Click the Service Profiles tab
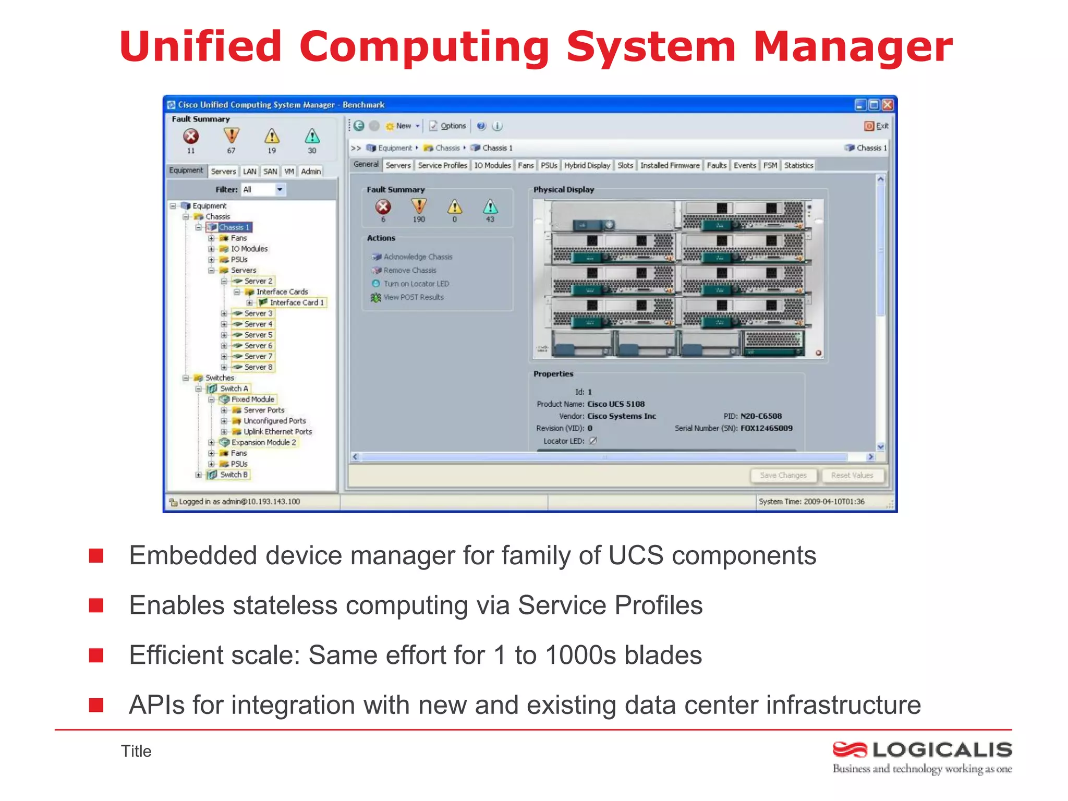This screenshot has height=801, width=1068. point(442,165)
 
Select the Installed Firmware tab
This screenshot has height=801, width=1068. point(670,165)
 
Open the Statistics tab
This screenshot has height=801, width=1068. point(798,165)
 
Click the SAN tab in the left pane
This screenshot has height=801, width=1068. point(270,171)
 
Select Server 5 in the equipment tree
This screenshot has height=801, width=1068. point(258,335)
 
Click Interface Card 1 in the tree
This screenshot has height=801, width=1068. point(296,302)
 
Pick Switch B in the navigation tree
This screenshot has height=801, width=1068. point(233,475)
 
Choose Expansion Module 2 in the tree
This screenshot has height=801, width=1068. point(263,442)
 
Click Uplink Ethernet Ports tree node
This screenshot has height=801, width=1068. point(277,432)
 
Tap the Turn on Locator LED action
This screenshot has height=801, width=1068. point(416,284)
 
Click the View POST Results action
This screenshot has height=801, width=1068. point(413,297)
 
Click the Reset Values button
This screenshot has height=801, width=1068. point(852,476)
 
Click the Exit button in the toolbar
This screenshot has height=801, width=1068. point(877,126)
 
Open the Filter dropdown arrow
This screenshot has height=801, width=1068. point(280,190)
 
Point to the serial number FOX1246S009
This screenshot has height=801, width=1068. point(766,428)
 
